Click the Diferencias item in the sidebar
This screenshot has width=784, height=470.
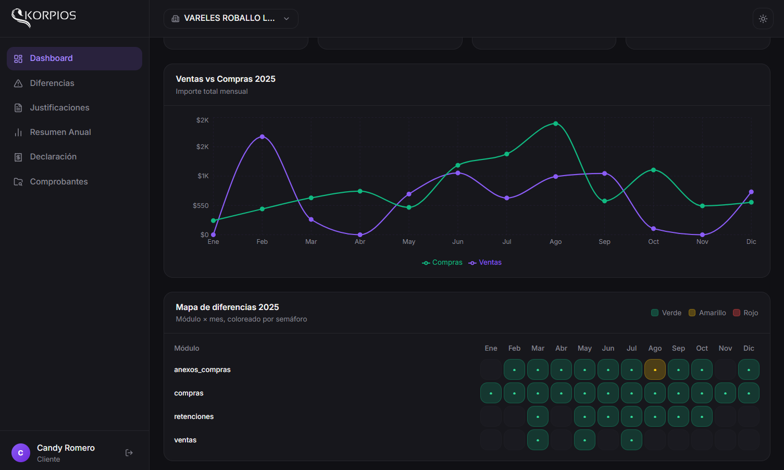click(x=52, y=83)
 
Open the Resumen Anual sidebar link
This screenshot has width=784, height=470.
click(x=60, y=132)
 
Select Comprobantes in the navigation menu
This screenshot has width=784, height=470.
click(x=58, y=182)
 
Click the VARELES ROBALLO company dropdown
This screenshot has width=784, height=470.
click(x=231, y=18)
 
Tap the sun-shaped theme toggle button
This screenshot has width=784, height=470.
click(x=763, y=19)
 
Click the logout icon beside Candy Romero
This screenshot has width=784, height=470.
click(x=129, y=453)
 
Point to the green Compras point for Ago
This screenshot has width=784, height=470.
click(x=556, y=123)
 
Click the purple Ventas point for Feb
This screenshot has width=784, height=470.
click(x=262, y=137)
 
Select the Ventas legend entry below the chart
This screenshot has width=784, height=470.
click(x=485, y=263)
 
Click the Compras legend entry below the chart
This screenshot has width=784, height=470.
click(x=442, y=263)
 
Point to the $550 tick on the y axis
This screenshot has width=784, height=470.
click(x=201, y=206)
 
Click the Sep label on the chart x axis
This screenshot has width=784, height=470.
click(x=604, y=242)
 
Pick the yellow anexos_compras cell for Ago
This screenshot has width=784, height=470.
click(x=655, y=370)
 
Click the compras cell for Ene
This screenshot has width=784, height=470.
click(x=491, y=393)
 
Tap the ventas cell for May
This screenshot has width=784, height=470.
click(x=584, y=440)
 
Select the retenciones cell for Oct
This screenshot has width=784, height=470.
click(x=702, y=417)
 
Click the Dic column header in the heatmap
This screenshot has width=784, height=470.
click(x=749, y=349)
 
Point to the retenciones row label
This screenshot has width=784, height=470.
click(x=194, y=417)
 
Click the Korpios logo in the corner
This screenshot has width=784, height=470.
click(x=44, y=17)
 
